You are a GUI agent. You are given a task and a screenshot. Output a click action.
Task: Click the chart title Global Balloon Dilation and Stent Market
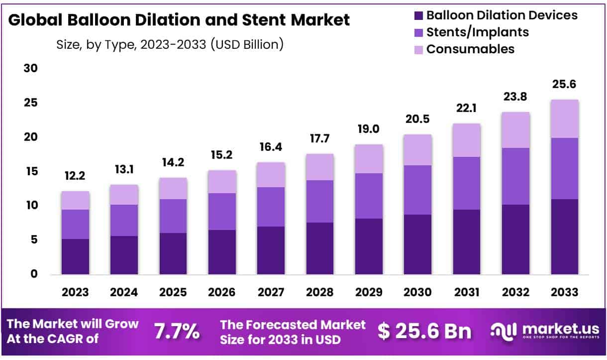click(179, 20)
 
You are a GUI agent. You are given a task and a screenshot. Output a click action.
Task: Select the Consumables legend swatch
click(418, 49)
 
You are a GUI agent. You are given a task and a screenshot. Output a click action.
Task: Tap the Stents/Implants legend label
click(477, 32)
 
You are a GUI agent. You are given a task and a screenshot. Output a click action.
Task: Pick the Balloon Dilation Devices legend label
click(502, 15)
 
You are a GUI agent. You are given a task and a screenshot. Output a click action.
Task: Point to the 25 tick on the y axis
click(30, 103)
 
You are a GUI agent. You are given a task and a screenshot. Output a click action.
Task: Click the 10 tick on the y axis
click(30, 205)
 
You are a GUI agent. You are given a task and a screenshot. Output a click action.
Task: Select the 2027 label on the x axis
click(271, 292)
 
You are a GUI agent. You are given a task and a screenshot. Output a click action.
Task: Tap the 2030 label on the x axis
click(418, 292)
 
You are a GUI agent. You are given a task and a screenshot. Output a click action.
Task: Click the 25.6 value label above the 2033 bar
click(565, 85)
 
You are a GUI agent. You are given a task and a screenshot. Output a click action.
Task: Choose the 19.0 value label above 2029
click(369, 129)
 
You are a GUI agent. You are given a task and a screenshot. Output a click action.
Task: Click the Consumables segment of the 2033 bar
click(565, 119)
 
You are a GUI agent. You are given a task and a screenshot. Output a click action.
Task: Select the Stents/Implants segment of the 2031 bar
click(467, 183)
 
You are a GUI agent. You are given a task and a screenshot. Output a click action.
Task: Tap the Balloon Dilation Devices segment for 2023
click(76, 256)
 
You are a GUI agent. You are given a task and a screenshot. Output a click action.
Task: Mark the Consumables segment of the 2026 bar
click(222, 182)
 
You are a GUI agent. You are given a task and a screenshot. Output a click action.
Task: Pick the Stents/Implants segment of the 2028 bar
click(320, 201)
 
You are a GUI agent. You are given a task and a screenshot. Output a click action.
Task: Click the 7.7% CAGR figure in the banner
click(177, 331)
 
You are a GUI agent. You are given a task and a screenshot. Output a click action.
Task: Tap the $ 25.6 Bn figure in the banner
click(424, 331)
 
